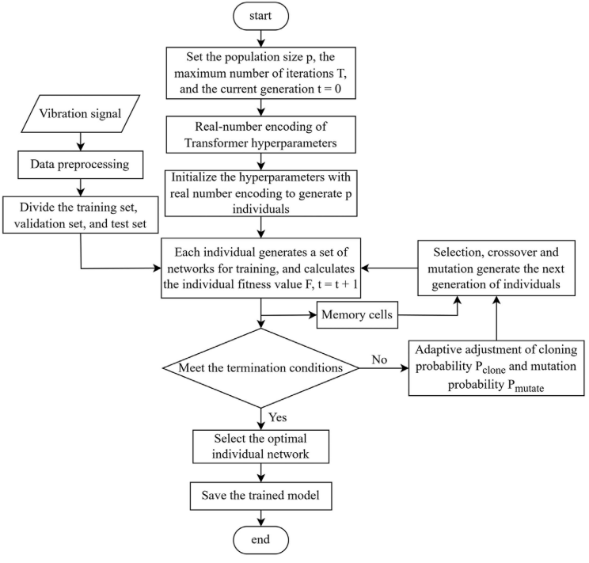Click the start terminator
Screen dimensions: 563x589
pyautogui.click(x=260, y=16)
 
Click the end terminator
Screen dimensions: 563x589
pyautogui.click(x=260, y=540)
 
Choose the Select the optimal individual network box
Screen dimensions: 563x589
pyautogui.click(x=260, y=447)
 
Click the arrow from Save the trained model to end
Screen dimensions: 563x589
pyautogui.click(x=260, y=518)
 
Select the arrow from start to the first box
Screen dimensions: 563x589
pyautogui.click(x=260, y=37)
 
